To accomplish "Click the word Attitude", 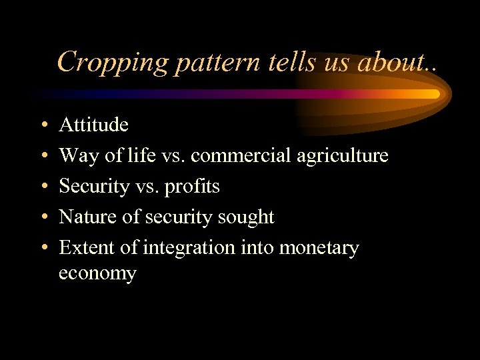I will [93, 125].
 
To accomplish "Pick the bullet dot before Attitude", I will [43, 125].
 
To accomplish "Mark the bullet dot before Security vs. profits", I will [43, 187].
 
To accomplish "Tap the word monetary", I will [319, 248].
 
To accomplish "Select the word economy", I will [97, 273].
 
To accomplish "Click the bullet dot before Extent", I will [43, 249].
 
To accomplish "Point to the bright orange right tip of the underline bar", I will [435, 94].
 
